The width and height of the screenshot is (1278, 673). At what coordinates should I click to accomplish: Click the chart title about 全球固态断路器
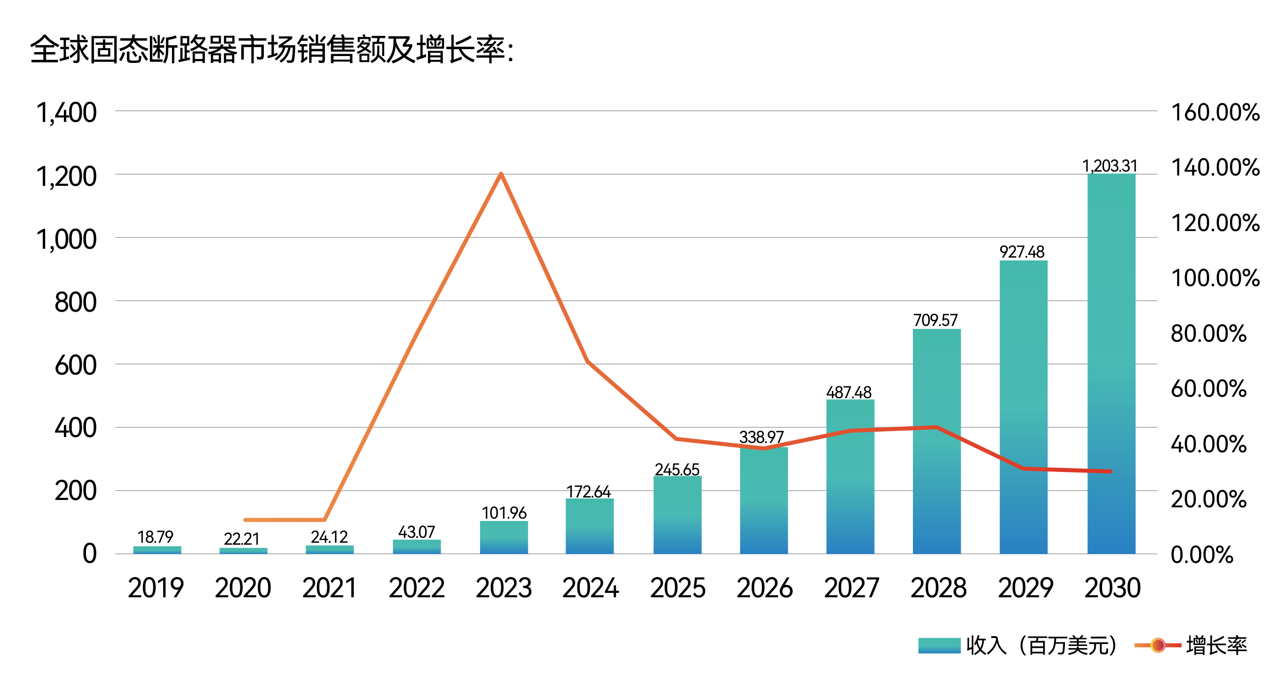pos(272,50)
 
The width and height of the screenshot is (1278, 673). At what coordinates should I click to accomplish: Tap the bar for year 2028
pos(936,441)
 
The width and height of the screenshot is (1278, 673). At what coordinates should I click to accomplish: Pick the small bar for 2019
pos(157,550)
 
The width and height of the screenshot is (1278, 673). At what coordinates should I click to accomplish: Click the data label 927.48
pos(1022,252)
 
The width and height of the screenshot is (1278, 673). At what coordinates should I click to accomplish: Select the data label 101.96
pos(504,513)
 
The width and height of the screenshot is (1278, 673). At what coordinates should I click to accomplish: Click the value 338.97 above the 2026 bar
pos(761,437)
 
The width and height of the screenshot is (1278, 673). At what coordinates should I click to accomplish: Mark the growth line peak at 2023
pos(501,174)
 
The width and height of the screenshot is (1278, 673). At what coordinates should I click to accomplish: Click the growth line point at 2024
pos(589,362)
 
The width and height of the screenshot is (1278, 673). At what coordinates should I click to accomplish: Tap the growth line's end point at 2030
pos(1110,471)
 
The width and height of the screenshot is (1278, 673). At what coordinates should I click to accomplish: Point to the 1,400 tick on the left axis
pos(66,113)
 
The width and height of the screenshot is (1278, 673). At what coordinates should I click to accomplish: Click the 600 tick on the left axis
pos(75,365)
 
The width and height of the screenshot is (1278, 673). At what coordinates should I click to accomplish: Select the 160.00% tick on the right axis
pos(1215,113)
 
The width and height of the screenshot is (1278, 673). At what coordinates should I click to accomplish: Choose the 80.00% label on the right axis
pos(1209,333)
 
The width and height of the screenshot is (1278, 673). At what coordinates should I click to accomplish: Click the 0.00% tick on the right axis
pos(1202,555)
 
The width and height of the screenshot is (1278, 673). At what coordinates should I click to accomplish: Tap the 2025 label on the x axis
pos(677,588)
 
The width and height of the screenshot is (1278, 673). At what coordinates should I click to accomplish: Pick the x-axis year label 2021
pos(329,588)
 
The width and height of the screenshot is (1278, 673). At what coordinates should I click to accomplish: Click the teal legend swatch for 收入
pos(938,645)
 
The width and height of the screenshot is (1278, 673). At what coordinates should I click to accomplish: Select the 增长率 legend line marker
pos(1158,645)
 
